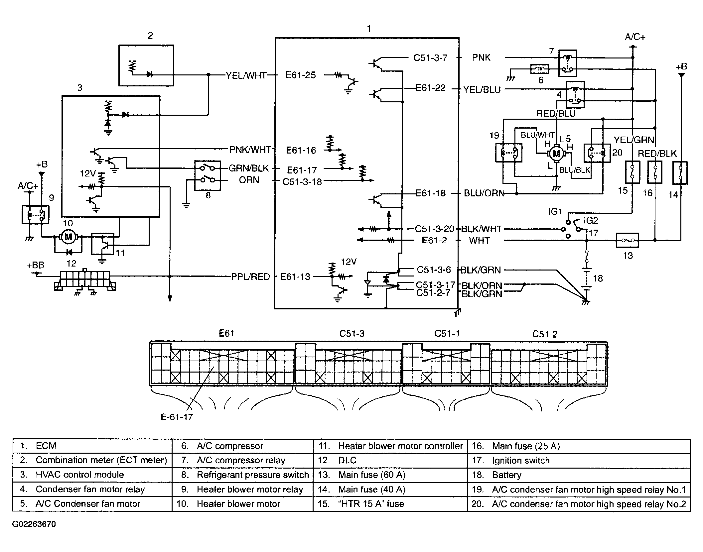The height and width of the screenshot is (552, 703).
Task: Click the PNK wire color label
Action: coord(481,57)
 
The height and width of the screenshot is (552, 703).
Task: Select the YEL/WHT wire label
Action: coord(246,76)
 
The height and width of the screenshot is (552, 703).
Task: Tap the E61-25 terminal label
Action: coord(301,75)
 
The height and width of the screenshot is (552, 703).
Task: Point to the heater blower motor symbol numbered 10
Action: coord(69,237)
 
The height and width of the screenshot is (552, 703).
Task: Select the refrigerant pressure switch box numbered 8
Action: coord(208,175)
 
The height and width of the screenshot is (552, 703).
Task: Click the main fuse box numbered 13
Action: coord(627,240)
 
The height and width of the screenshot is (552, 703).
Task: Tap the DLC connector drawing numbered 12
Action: coord(85,281)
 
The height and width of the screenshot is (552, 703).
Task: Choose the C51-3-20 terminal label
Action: coord(435,229)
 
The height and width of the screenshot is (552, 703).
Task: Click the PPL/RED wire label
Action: coord(250,276)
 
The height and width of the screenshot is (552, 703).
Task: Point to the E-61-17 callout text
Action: coord(177,417)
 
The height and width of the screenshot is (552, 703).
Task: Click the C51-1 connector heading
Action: coord(447,333)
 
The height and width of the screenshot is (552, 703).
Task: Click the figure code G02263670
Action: coord(34,524)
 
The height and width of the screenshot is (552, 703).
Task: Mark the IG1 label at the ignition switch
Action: coord(555,211)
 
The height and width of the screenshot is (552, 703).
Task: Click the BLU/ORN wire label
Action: coord(484,193)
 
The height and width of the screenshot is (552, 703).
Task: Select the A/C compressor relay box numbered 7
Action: coord(568,63)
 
